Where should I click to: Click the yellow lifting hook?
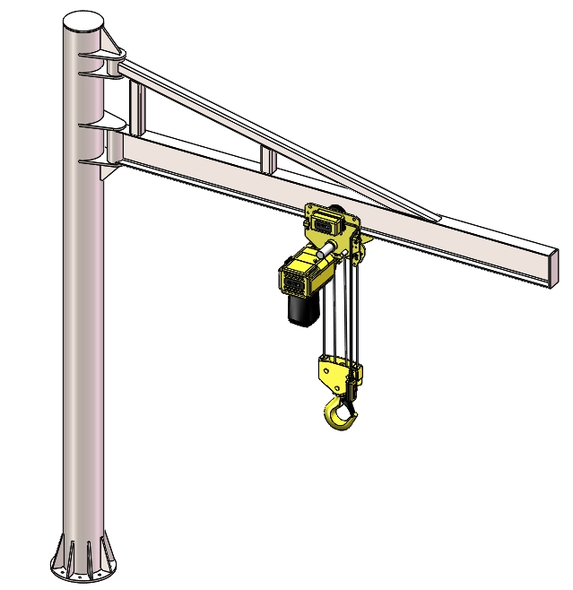[339, 414]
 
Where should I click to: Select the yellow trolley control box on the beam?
[325, 216]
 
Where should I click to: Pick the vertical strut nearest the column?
[136, 107]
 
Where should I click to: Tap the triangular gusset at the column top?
[111, 41]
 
